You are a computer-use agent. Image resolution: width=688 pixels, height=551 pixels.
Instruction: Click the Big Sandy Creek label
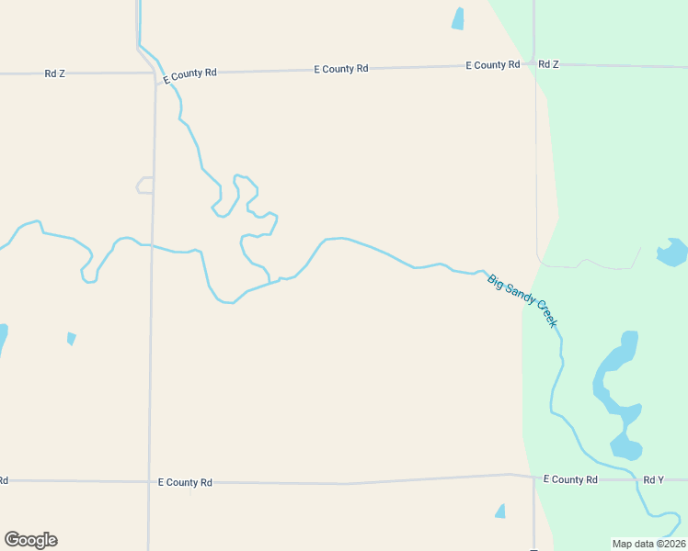tap(522, 301)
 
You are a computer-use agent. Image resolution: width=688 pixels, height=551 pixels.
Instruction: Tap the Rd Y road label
tap(653, 479)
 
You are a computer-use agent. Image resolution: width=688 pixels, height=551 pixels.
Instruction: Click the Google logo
tap(30, 539)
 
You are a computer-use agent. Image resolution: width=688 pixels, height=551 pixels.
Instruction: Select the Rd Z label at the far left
tap(54, 73)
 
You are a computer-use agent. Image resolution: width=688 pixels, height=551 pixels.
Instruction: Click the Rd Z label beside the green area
tap(548, 64)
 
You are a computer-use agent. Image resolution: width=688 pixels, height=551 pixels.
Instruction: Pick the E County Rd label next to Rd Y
tap(570, 479)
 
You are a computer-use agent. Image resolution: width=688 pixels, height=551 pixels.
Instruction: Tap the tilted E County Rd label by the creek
tap(189, 75)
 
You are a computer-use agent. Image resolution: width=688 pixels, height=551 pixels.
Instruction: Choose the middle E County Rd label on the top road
tap(340, 69)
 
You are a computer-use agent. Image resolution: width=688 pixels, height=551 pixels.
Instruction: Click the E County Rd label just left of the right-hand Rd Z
tap(493, 65)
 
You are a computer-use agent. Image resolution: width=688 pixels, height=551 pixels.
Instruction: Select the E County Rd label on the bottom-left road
tap(185, 482)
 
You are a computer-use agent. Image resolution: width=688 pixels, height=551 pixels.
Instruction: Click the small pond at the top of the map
tap(458, 19)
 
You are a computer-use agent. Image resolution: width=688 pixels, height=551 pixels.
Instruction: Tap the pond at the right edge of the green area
tap(672, 251)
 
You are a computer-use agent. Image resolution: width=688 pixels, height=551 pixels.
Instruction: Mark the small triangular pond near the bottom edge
tap(500, 511)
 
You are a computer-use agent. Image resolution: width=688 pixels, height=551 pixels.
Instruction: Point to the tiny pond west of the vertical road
tap(72, 338)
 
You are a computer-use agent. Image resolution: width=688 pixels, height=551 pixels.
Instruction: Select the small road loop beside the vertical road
tap(144, 186)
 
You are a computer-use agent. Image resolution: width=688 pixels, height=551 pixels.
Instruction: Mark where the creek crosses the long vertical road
tap(153, 246)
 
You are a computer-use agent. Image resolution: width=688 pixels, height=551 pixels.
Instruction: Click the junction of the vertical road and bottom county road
tap(149, 481)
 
